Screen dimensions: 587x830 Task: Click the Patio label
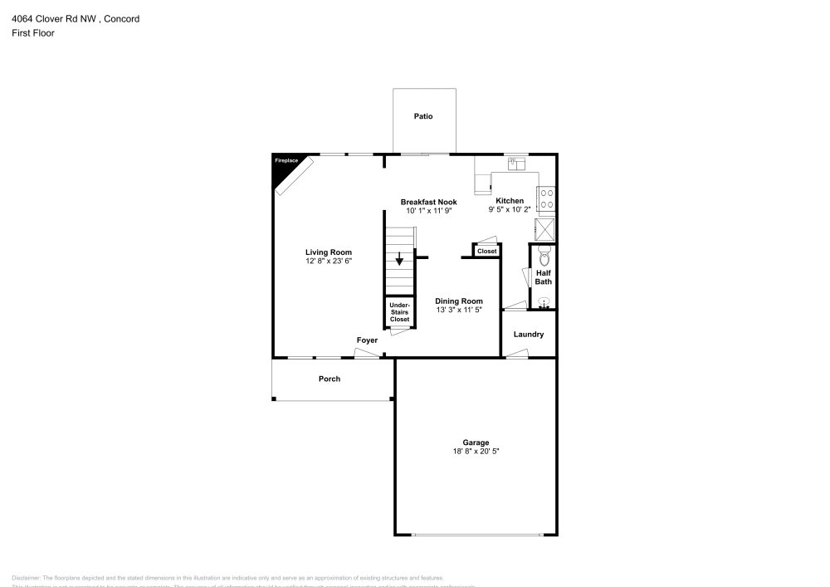[423, 116]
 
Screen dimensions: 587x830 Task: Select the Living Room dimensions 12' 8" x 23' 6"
[329, 262]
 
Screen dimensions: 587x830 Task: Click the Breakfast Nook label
[428, 202]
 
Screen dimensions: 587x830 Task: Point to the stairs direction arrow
[399, 260]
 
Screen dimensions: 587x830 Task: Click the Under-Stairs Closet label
[399, 312]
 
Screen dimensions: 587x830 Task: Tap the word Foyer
[367, 340]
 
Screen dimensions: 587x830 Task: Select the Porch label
[330, 379]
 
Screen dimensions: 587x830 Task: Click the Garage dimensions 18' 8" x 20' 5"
[476, 451]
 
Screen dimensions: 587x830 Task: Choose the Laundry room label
[529, 335]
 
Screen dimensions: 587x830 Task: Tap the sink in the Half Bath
[544, 302]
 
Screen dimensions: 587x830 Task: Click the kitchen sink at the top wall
[519, 164]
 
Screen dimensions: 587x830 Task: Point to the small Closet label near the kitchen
[486, 251]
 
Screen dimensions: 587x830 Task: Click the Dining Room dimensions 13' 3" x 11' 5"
[459, 310]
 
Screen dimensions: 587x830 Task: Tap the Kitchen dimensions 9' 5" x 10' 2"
[510, 209]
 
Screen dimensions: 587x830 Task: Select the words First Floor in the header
[33, 33]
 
